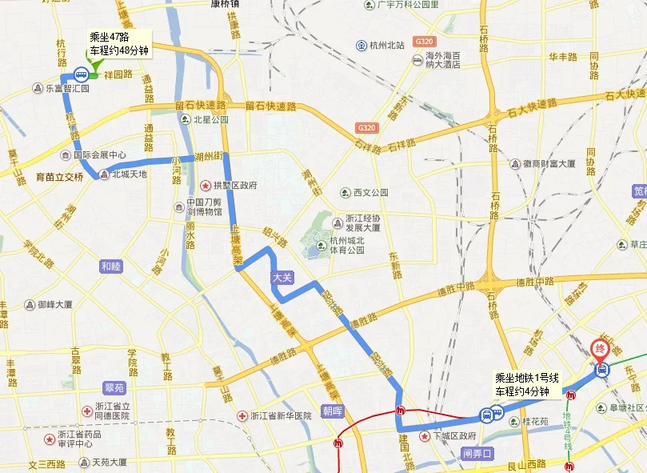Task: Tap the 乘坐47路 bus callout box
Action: pos(119,43)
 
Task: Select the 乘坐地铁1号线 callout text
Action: pos(521,385)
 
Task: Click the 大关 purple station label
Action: pos(282,277)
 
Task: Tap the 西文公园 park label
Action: pos(364,193)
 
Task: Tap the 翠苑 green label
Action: pos(115,387)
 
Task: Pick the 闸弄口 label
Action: pos(479,452)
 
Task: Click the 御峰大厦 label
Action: pos(50,305)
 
